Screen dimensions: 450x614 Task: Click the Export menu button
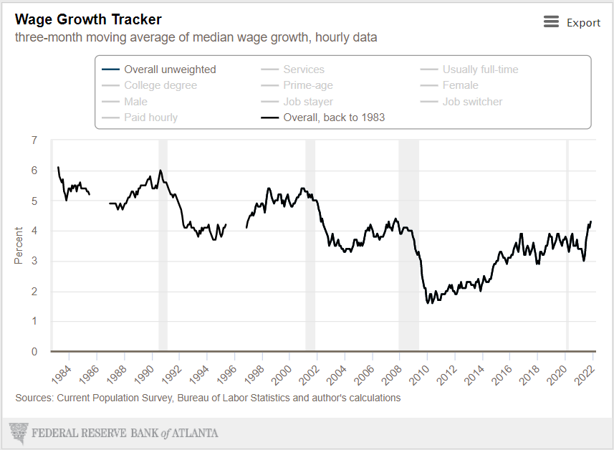pyautogui.click(x=572, y=22)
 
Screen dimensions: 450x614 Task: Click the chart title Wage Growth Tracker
pyautogui.click(x=88, y=19)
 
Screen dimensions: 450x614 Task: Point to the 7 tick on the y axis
pyautogui.click(x=34, y=140)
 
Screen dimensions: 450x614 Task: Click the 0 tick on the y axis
pyautogui.click(x=34, y=352)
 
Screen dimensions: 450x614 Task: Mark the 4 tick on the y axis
pyautogui.click(x=34, y=231)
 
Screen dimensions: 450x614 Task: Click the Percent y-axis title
pyautogui.click(x=19, y=246)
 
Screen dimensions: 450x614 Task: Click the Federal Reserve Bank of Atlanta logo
pyautogui.click(x=114, y=434)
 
